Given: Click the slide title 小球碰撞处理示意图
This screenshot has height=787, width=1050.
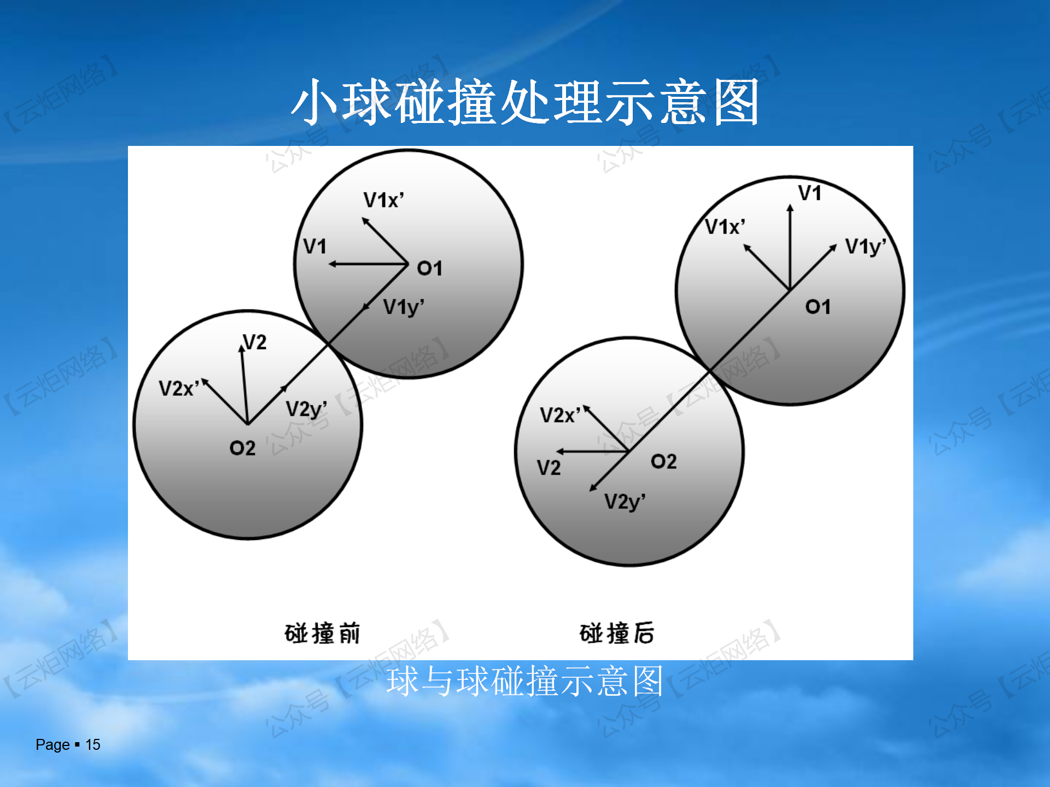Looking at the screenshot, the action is pos(525,102).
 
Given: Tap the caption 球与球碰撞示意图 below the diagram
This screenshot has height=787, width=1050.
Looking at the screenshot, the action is pos(525,681).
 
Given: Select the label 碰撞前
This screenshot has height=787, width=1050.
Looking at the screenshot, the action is pos(322,633).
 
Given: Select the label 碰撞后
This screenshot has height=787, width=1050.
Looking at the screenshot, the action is pos(617,633).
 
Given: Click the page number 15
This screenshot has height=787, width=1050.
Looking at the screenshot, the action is pos(93,744).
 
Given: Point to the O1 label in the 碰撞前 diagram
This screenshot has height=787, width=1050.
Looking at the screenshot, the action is pos(429,268).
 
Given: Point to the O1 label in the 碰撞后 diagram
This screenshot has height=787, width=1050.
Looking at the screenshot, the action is pos(818,307).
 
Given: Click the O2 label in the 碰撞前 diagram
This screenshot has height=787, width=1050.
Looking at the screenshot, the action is pos(242,448).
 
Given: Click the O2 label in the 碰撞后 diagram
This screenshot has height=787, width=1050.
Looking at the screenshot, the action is pos(663,461).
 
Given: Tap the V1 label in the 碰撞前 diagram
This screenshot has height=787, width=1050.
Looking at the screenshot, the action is pos(314,246).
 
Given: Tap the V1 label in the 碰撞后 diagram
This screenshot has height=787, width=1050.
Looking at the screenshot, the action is pos(809,193).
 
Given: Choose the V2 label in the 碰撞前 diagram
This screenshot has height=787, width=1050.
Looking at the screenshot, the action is pos(255,342).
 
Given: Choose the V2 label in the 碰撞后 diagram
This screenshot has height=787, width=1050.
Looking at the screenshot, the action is pos(549,468).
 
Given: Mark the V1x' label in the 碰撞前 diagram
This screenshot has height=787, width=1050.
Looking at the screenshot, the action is pos(384,200).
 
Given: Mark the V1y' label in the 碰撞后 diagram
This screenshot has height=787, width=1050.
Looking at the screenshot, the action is pos(866,247).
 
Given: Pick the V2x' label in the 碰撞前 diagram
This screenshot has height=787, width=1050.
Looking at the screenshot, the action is pos(179,389).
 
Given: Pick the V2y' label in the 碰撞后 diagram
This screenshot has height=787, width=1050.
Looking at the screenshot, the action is pos(625,502).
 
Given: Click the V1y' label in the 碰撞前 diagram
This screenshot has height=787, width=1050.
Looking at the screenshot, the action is pos(404,308).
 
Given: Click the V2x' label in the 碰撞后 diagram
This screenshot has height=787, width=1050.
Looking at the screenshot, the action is pos(561,415).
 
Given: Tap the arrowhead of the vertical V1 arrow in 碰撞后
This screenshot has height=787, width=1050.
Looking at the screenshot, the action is pos(790,208).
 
